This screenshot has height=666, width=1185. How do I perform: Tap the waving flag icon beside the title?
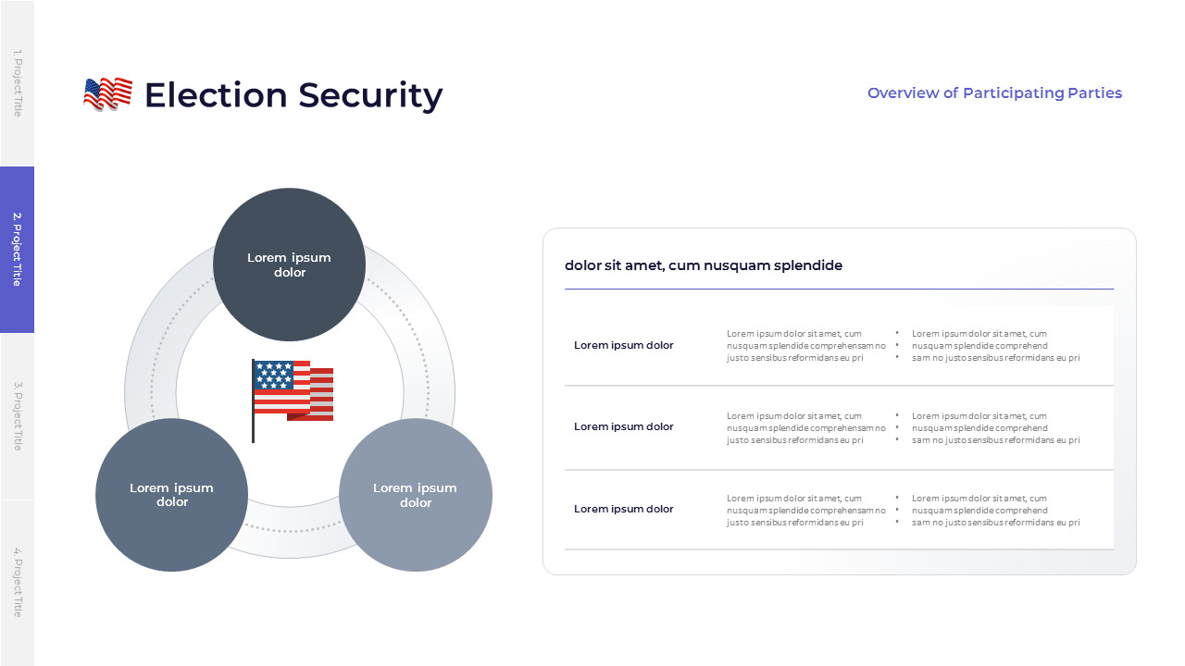[107, 94]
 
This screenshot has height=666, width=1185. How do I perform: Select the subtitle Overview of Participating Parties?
[994, 93]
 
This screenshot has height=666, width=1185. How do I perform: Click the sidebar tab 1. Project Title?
[17, 83]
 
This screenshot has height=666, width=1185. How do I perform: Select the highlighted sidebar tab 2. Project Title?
[17, 250]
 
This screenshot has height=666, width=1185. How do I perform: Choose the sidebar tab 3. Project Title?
[17, 416]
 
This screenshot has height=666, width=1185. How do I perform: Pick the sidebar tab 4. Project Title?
[17, 583]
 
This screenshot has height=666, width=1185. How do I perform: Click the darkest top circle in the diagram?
[289, 265]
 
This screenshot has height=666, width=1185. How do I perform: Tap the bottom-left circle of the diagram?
[171, 495]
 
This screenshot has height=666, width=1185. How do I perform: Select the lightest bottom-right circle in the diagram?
[416, 495]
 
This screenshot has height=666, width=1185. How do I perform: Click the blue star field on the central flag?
[274, 375]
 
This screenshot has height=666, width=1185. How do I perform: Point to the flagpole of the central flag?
[253, 416]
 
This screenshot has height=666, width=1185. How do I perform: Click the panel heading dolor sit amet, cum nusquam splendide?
[704, 265]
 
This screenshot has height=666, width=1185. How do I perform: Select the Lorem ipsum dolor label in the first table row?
[624, 345]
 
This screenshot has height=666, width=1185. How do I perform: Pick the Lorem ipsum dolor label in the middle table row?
[624, 426]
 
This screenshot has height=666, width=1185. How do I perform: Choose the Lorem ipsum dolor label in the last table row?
[624, 509]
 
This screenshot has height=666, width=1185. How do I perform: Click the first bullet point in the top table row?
[979, 334]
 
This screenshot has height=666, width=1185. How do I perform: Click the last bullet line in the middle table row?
[995, 440]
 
